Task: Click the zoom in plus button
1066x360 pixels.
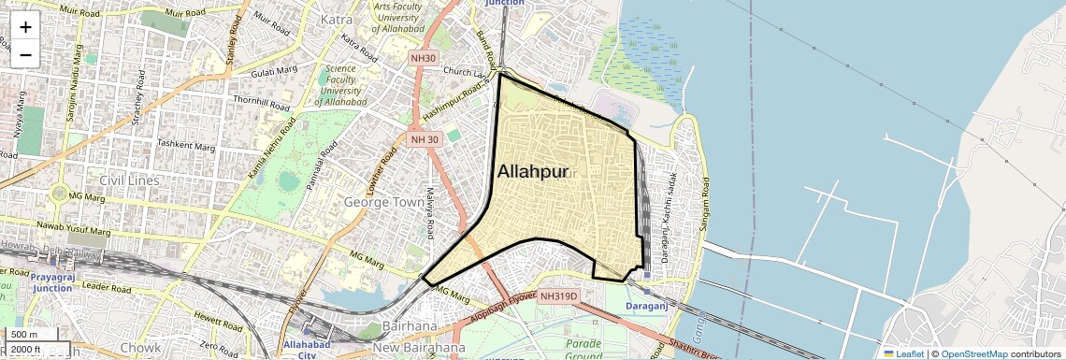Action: click(x=25, y=27)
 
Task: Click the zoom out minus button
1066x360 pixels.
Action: click(x=25, y=54)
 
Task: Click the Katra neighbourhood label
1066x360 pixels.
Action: click(x=336, y=19)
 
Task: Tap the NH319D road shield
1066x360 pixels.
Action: click(x=560, y=296)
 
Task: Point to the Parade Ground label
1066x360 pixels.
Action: click(x=583, y=350)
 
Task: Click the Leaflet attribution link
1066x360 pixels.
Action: click(x=902, y=353)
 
